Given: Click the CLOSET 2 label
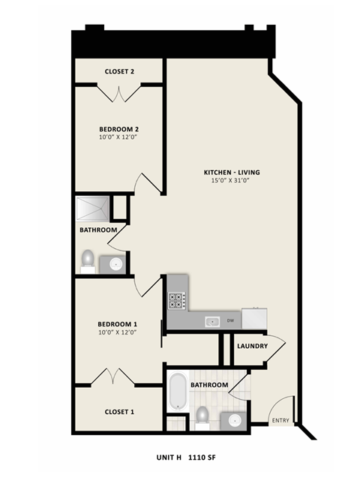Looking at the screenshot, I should click(x=118, y=72).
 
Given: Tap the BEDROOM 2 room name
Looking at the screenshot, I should click(x=118, y=129).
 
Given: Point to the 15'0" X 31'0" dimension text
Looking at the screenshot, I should click(x=232, y=181).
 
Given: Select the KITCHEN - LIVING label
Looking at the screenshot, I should click(x=232, y=172).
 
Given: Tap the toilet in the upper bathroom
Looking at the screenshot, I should click(x=88, y=259).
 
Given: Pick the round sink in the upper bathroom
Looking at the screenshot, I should click(x=115, y=263).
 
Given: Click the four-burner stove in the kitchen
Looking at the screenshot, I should click(x=177, y=301).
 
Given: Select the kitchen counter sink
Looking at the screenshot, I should click(x=212, y=321).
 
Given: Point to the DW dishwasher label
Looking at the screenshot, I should click(x=231, y=321).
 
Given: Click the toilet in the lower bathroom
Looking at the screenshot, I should click(x=201, y=415).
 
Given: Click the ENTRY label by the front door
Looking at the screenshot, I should click(x=280, y=420).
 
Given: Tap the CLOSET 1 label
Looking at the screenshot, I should click(x=118, y=411).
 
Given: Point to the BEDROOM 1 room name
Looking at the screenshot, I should click(x=118, y=324).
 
